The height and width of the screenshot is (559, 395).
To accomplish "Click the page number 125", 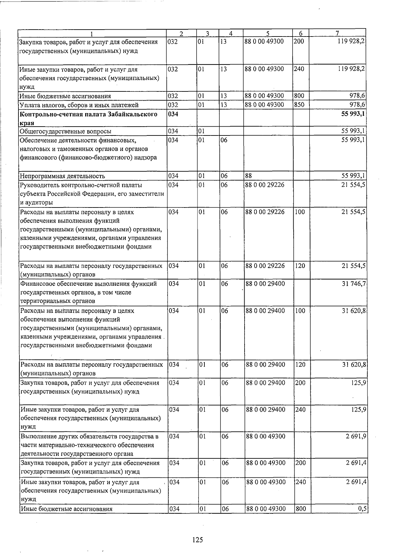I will pyautogui.click(x=197, y=540).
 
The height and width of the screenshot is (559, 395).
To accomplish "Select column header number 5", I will pyautogui.click(x=268, y=33).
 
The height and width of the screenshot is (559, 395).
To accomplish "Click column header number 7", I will pyautogui.click(x=337, y=33).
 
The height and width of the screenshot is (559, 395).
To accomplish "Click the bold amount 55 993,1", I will pyautogui.click(x=353, y=114).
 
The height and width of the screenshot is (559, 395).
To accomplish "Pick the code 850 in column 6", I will pyautogui.click(x=299, y=105).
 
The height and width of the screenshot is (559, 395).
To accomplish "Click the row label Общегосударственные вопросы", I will pyautogui.click(x=66, y=132).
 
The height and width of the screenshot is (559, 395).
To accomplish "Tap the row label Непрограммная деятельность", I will pyautogui.click(x=63, y=176).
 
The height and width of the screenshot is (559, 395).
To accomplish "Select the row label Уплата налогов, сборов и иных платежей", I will pyautogui.click(x=79, y=105).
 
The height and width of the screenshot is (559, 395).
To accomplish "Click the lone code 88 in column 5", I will pyautogui.click(x=249, y=176).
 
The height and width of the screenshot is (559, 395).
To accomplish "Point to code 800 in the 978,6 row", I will pyautogui.click(x=299, y=96).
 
